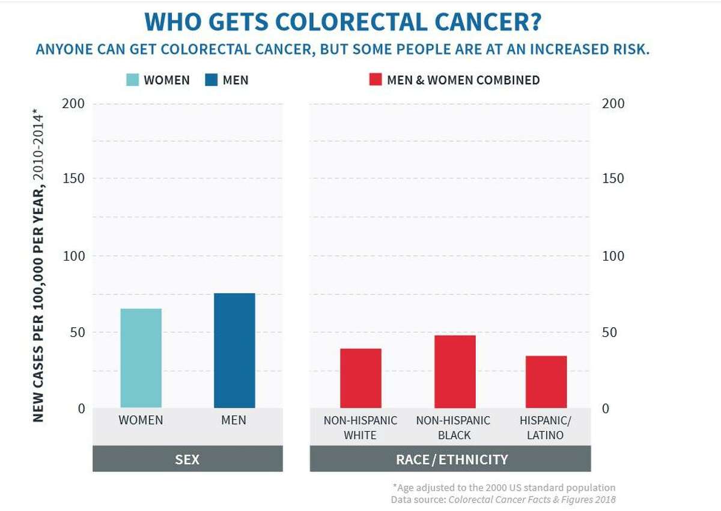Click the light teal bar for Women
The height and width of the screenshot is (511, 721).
[141, 358]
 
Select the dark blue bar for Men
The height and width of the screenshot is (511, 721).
[234, 351]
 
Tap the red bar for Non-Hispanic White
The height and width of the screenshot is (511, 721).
[360, 378]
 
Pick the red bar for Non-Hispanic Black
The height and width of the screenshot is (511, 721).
[455, 372]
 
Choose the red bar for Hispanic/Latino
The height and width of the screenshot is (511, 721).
[546, 382]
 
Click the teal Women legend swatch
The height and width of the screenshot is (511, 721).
[133, 80]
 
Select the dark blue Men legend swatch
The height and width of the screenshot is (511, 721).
[211, 80]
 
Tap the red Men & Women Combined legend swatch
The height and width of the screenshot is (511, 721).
[376, 80]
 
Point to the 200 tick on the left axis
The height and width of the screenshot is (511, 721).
[73, 104]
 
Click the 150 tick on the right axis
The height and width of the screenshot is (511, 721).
[613, 179]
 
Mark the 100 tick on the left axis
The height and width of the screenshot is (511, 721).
[73, 256]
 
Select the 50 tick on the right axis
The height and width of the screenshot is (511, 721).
[613, 332]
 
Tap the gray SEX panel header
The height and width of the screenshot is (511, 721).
[187, 459]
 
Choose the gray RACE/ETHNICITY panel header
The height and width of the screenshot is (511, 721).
[451, 459]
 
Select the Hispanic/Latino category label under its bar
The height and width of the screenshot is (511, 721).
[544, 428]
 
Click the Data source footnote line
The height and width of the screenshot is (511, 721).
[503, 499]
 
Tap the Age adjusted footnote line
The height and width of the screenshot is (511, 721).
[505, 487]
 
